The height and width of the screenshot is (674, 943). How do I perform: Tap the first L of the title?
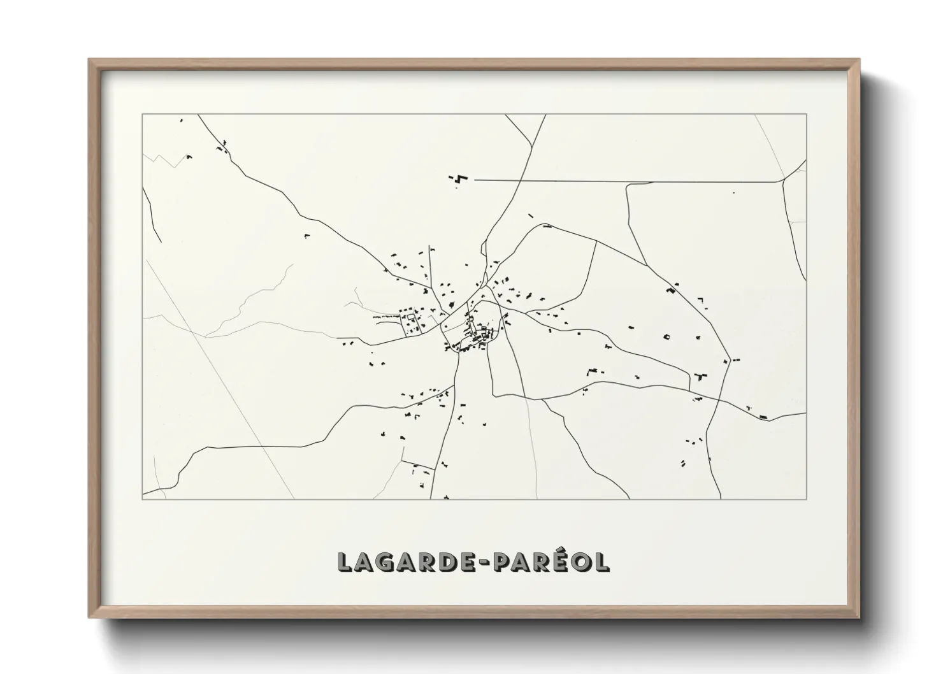tap(344, 562)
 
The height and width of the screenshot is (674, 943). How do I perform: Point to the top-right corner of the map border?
tap(806, 114)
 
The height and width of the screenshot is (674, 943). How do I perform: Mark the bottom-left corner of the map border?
tap(142, 499)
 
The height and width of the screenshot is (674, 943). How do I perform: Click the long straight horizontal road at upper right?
tap(624, 181)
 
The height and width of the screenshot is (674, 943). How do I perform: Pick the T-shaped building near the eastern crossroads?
tap(702, 376)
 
